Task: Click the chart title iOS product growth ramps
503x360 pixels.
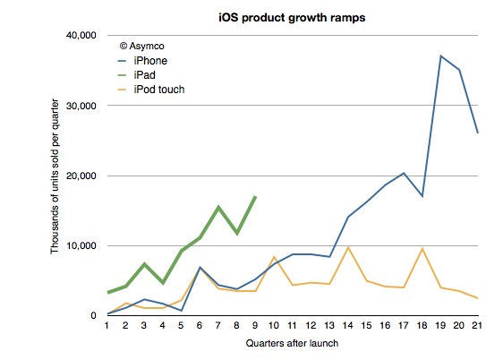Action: pyautogui.click(x=292, y=18)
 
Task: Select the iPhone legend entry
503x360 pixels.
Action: pyautogui.click(x=142, y=61)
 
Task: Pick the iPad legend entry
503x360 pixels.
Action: pyautogui.click(x=137, y=75)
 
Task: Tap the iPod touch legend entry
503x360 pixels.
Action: pyautogui.click(x=151, y=90)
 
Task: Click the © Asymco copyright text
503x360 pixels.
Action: pyautogui.click(x=141, y=47)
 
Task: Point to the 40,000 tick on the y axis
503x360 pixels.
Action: pyautogui.click(x=81, y=35)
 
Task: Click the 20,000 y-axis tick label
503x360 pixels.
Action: pyautogui.click(x=81, y=176)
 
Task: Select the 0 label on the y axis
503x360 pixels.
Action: pyautogui.click(x=93, y=316)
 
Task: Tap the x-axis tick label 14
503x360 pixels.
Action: pyautogui.click(x=348, y=326)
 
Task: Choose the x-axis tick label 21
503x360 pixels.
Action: pyautogui.click(x=477, y=326)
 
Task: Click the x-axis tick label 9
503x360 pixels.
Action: pyautogui.click(x=255, y=326)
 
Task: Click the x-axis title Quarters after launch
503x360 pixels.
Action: pyautogui.click(x=292, y=343)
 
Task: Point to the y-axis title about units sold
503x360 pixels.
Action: pyautogui.click(x=55, y=176)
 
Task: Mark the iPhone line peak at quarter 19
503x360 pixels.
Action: pyautogui.click(x=440, y=56)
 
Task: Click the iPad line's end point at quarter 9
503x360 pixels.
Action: pyautogui.click(x=255, y=196)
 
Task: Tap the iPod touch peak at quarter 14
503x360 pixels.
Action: pyautogui.click(x=348, y=247)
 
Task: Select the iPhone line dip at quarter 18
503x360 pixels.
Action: pyautogui.click(x=422, y=196)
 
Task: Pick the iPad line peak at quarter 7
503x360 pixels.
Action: pyautogui.click(x=218, y=207)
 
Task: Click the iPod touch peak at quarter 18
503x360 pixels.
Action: pyautogui.click(x=422, y=248)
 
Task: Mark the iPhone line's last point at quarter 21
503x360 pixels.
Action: pyautogui.click(x=478, y=133)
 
